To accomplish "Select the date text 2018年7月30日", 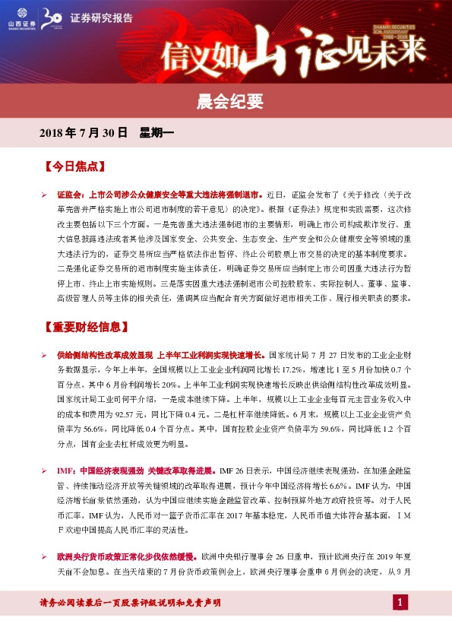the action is tap(82, 132).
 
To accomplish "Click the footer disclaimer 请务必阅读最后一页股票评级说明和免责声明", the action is tap(130, 603).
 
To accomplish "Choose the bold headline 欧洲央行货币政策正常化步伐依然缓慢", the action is tap(127, 557).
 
